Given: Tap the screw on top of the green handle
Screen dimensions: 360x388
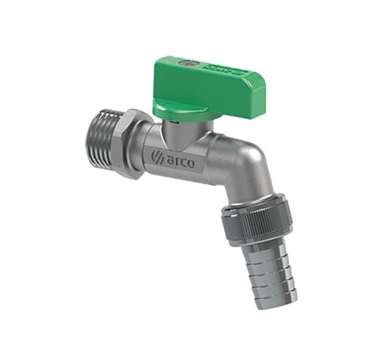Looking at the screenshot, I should [x=186, y=61].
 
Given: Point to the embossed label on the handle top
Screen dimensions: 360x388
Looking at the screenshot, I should [x=226, y=70].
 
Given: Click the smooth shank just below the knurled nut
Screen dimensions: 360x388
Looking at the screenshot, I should [x=262, y=242].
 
